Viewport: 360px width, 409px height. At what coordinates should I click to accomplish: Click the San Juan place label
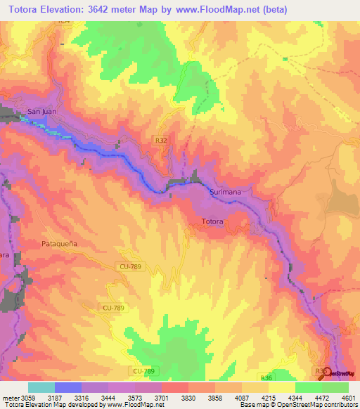pos(41,111)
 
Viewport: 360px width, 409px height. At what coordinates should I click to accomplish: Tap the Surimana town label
pos(226,191)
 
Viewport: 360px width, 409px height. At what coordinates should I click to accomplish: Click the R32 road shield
pos(162,141)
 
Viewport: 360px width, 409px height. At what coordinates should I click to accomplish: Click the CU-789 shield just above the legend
pos(142,370)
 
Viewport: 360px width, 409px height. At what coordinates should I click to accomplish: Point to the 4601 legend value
pos(347,398)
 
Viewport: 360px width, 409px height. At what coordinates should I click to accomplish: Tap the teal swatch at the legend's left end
pos(41,387)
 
